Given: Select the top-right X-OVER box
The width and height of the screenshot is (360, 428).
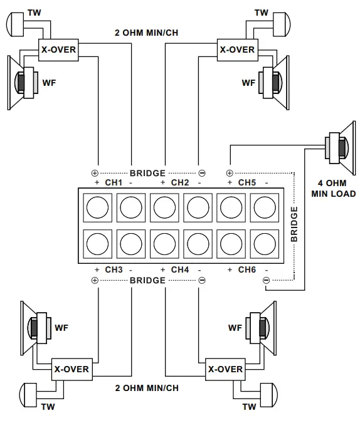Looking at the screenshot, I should point(237,50).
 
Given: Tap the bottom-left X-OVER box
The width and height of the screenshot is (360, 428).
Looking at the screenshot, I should point(70,369).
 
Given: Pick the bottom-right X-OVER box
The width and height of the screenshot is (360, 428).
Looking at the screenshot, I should point(225,369).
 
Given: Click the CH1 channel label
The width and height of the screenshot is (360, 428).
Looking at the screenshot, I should point(114,183).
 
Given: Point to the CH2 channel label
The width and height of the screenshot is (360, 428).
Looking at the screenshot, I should point(180,183).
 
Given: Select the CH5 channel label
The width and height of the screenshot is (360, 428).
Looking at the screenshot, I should point(247,183).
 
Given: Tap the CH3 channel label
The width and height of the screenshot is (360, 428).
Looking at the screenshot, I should point(114,269).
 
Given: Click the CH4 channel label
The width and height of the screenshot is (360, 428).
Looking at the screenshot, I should point(180,269).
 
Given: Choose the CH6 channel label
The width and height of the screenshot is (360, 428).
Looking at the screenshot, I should point(247,269).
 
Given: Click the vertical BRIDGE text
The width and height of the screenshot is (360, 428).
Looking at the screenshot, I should point(294,222).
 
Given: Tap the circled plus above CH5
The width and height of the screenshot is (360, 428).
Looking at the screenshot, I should point(229,173).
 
